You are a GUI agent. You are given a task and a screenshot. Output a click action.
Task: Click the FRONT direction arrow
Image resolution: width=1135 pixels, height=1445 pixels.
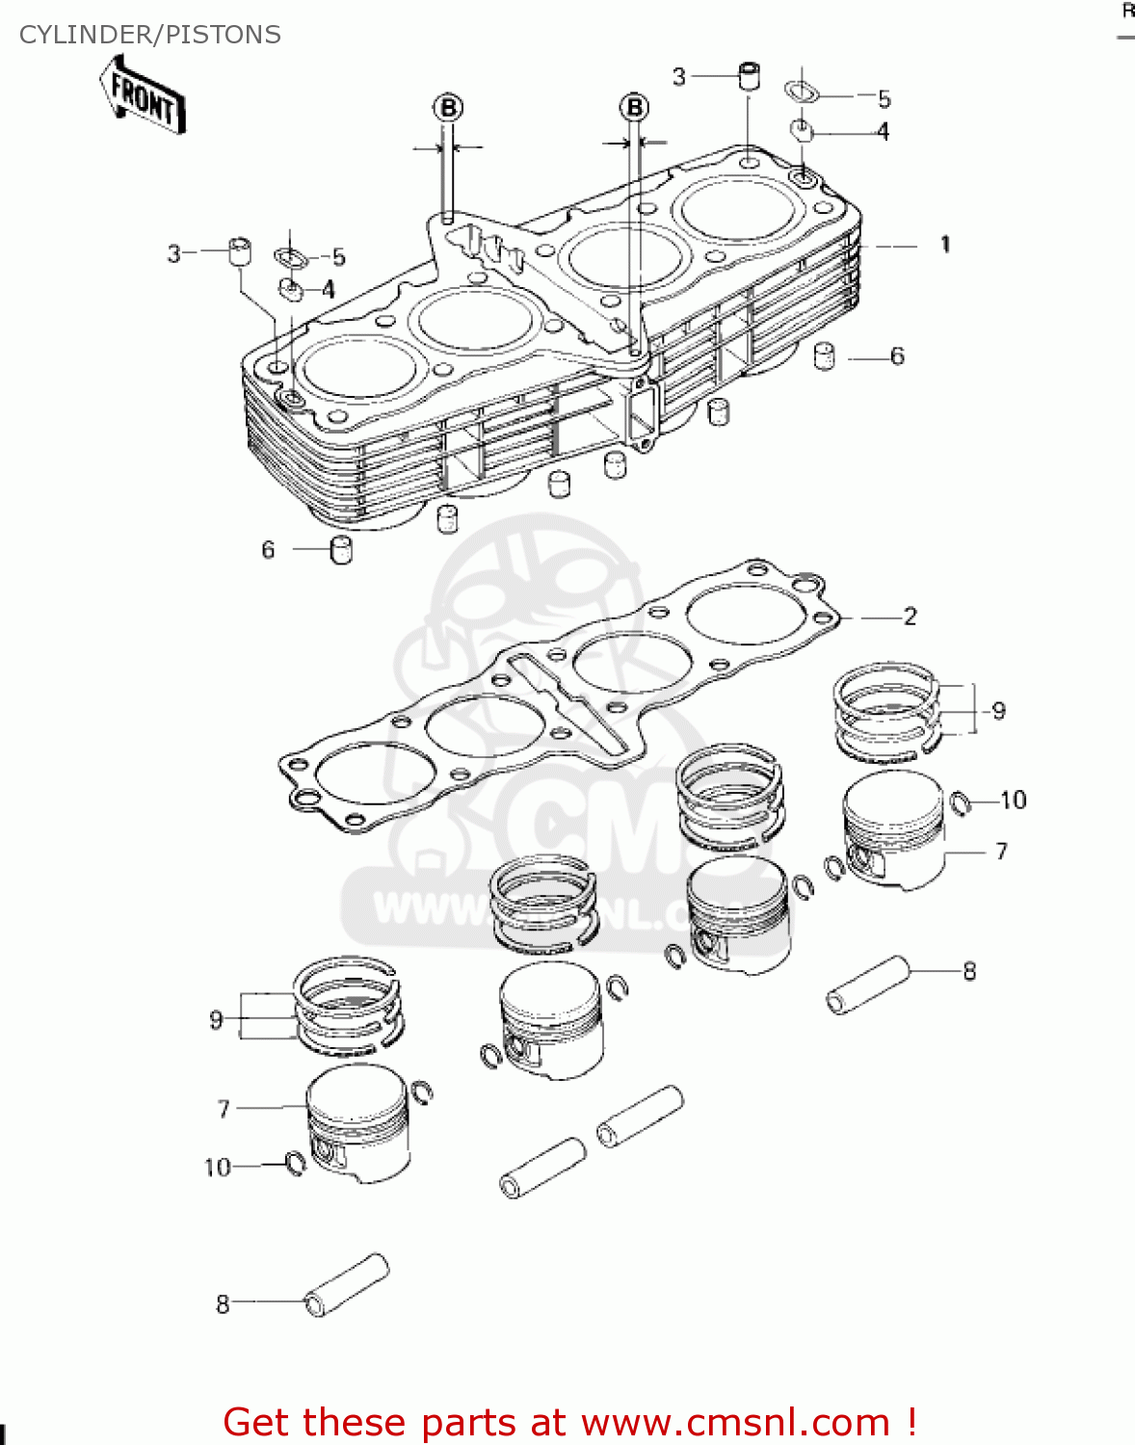coord(143,97)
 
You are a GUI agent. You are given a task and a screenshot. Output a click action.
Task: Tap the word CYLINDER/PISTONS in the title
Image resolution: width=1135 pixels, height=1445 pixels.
coord(150,35)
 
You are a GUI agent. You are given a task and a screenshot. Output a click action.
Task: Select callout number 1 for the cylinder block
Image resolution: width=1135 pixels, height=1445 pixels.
coord(945,245)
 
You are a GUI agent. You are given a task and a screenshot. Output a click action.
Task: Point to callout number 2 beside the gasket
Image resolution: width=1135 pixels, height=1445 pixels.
coord(910,617)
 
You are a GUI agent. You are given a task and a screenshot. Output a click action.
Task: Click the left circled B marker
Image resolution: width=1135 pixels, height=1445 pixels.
coord(448,108)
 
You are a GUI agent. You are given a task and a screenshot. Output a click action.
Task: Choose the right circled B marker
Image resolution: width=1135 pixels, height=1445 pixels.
coord(634,107)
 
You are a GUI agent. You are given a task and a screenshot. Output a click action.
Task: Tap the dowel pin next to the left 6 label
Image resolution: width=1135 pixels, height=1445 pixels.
coord(341,550)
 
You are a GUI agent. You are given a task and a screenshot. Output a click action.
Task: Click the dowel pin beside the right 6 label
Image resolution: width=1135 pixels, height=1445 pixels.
coord(825,355)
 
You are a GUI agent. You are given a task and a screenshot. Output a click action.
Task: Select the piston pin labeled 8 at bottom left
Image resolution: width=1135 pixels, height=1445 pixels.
coord(347,1285)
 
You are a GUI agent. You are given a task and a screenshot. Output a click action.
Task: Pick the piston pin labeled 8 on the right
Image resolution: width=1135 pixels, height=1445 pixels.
coord(868,984)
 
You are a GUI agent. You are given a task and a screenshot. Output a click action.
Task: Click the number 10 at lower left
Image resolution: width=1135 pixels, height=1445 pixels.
coord(218,1168)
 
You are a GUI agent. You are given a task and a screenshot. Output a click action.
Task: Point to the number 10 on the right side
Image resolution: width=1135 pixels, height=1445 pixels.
coord(1013,801)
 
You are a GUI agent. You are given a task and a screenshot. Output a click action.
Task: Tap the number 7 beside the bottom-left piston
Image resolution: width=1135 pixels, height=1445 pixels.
coord(224,1110)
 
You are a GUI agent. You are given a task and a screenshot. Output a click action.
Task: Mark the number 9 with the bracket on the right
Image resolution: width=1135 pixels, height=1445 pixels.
coord(999,711)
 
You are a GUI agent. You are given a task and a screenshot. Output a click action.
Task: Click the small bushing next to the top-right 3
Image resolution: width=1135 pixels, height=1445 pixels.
coord(750,76)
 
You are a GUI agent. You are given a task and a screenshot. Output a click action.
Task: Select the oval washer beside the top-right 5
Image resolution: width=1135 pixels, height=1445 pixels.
coord(802,93)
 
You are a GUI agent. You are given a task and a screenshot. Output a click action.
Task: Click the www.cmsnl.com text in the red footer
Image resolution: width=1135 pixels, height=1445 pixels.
coord(735,1423)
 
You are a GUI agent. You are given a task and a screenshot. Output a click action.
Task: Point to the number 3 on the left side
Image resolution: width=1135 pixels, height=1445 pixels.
coord(173,254)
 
